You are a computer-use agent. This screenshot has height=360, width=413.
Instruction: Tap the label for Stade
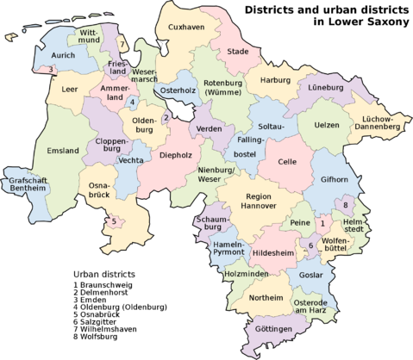point(237,52)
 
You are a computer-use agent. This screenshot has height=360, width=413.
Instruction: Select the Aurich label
point(64,55)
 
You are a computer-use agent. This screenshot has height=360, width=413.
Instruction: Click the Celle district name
point(287,162)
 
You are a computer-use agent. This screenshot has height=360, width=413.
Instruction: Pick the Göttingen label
point(272,329)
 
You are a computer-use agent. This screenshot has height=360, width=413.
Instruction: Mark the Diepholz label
point(176,156)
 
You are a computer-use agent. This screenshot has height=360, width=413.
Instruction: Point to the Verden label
point(210,128)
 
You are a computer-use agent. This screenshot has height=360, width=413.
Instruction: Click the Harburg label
point(275,81)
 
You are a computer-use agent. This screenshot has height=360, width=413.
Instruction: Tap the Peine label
point(300,223)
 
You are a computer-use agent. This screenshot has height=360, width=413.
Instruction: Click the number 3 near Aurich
point(51,70)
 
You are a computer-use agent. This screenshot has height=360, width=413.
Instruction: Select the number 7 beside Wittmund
point(122,45)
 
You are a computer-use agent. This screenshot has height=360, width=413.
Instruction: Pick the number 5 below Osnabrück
point(114,221)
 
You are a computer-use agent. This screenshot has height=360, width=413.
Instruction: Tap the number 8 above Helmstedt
point(346,205)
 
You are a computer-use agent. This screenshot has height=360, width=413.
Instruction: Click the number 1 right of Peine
point(322,223)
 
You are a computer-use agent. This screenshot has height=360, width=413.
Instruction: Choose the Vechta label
point(132,161)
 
